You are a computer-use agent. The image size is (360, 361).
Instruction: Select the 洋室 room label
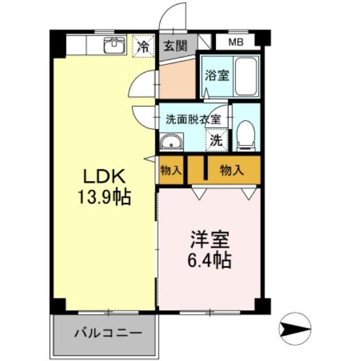click(209, 240)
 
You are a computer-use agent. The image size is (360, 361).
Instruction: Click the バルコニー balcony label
click(104, 332)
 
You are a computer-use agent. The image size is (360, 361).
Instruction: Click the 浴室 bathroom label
click(216, 75)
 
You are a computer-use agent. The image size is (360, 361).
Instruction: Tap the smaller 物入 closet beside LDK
click(170, 170)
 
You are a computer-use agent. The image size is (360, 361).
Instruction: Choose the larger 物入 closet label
click(232, 170)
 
